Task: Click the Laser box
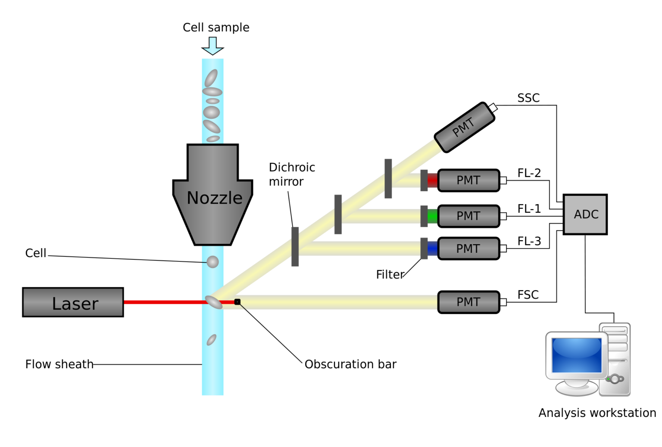(x=73, y=302)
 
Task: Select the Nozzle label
(x=214, y=198)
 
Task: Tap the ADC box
(x=585, y=214)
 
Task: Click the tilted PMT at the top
(x=464, y=127)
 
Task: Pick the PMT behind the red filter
(x=468, y=180)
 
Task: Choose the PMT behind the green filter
(x=468, y=216)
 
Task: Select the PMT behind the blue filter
(x=468, y=249)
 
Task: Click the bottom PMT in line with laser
(x=468, y=302)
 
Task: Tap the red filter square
(x=432, y=180)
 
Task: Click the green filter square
(x=432, y=216)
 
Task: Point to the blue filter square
(x=432, y=249)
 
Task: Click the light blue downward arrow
(x=212, y=46)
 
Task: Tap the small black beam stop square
(x=237, y=302)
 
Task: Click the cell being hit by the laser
(x=214, y=302)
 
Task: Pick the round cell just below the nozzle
(x=213, y=262)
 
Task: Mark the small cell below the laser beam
(x=211, y=340)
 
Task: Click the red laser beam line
(x=164, y=302)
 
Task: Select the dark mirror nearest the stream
(x=295, y=247)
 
